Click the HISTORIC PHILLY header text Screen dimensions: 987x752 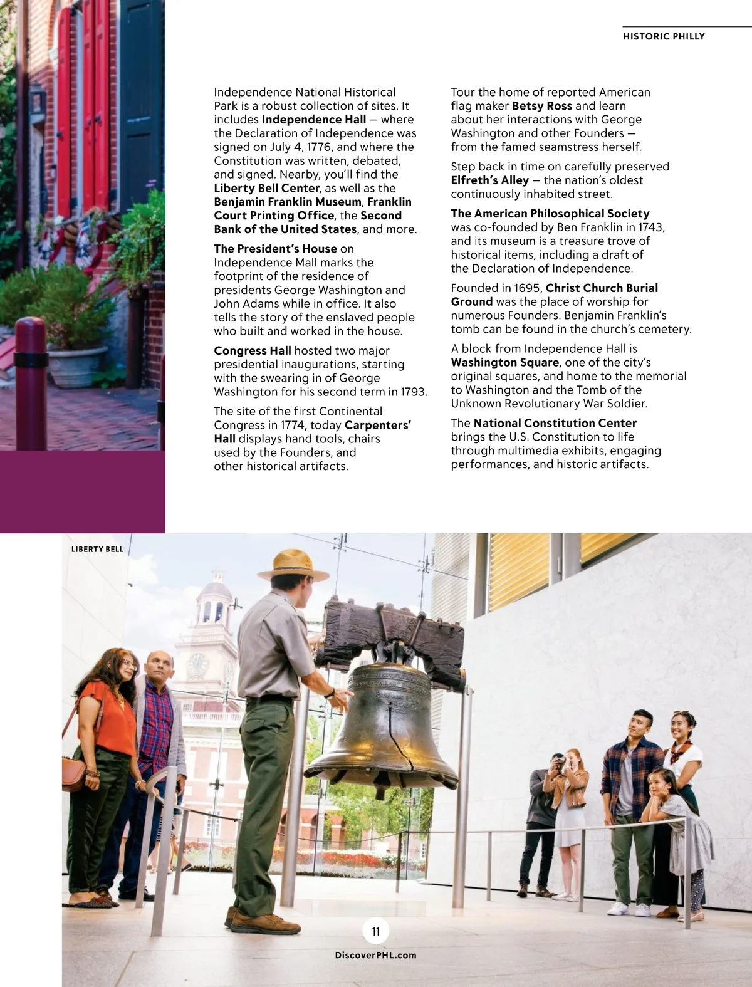(664, 36)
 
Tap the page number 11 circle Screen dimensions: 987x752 (376, 931)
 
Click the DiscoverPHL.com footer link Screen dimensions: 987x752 (376, 955)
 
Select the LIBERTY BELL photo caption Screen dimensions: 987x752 (97, 550)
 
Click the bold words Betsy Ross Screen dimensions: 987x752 (542, 106)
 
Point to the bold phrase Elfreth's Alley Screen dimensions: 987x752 (490, 180)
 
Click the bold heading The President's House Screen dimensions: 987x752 (276, 249)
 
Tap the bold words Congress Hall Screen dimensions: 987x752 (253, 351)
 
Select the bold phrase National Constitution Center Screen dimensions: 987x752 (555, 423)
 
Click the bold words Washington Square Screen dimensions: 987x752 (504, 362)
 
